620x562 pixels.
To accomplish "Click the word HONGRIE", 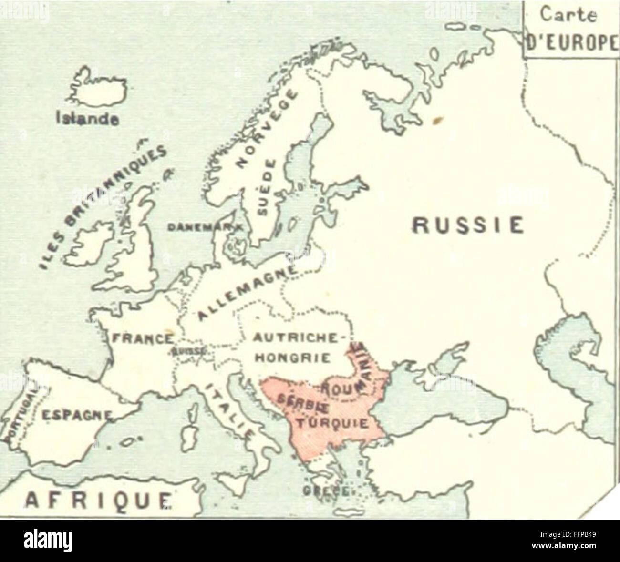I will pos(291,357).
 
